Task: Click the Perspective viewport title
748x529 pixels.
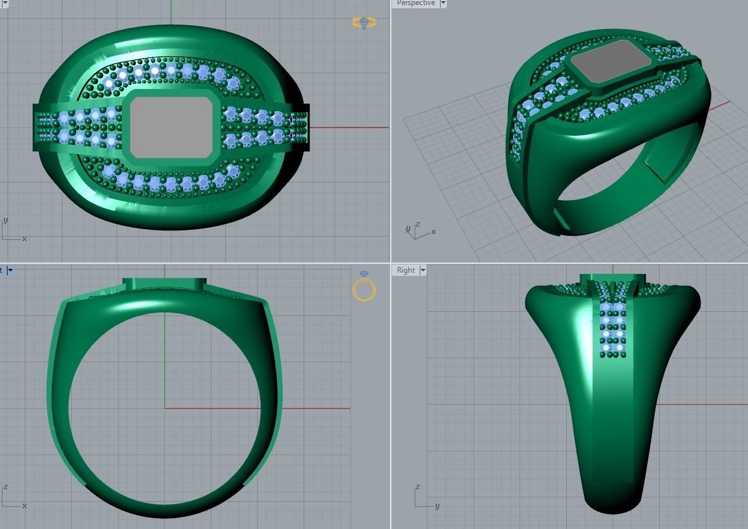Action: tap(415, 3)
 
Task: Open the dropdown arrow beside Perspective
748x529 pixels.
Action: tap(443, 3)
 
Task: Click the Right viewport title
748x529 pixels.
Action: tap(405, 270)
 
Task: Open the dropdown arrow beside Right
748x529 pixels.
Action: tap(423, 270)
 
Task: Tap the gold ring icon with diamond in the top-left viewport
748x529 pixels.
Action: tap(364, 23)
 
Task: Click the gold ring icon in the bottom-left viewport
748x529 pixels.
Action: tap(364, 288)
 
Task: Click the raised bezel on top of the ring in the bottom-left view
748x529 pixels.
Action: tap(165, 284)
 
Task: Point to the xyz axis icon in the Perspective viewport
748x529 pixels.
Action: tap(418, 232)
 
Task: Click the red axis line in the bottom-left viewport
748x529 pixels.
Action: tap(316, 408)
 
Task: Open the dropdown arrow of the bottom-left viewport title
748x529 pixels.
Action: tap(10, 270)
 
